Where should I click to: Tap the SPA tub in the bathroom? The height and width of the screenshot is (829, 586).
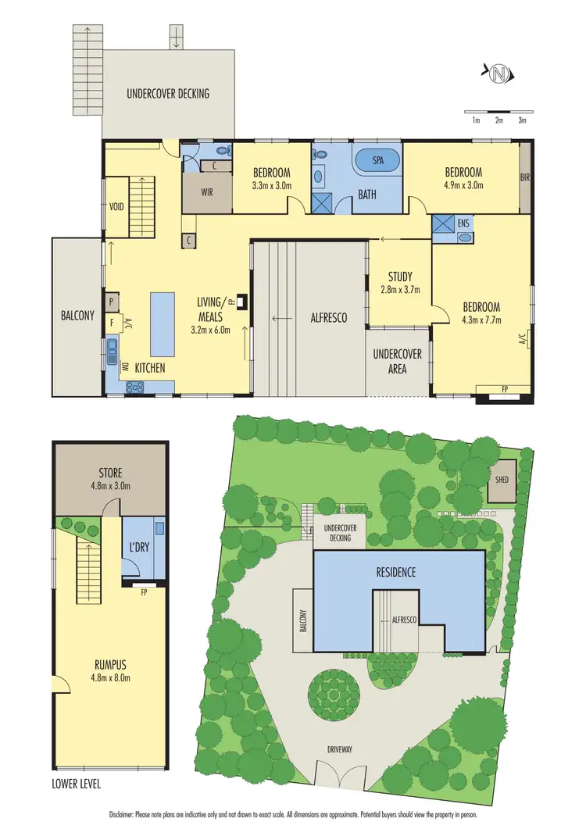pyautogui.click(x=377, y=161)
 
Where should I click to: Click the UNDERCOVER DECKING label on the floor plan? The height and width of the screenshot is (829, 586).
pyautogui.click(x=168, y=94)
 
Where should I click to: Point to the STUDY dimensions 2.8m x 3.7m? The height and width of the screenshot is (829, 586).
pyautogui.click(x=400, y=290)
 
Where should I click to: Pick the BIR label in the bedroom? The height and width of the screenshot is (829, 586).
pyautogui.click(x=524, y=177)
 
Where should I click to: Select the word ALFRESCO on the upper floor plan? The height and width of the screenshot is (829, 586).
pyautogui.click(x=329, y=318)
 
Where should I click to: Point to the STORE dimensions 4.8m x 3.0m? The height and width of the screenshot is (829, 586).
pyautogui.click(x=109, y=485)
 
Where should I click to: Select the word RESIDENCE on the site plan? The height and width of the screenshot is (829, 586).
pyautogui.click(x=394, y=572)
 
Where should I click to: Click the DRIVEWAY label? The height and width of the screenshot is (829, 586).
pyautogui.click(x=341, y=749)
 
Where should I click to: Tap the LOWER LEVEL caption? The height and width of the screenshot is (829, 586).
pyautogui.click(x=77, y=783)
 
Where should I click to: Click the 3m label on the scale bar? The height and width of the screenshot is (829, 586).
pyautogui.click(x=522, y=120)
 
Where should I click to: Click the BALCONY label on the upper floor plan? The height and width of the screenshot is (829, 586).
pyautogui.click(x=77, y=316)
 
